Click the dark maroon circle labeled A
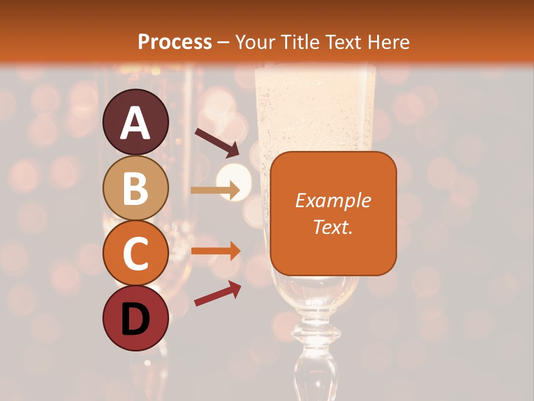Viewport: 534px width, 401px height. pyautogui.click(x=136, y=122)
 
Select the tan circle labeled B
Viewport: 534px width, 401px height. pyautogui.click(x=136, y=188)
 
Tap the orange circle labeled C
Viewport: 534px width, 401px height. pyautogui.click(x=136, y=253)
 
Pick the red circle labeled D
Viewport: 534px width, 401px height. pyautogui.click(x=136, y=318)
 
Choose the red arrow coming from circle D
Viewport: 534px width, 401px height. pyautogui.click(x=217, y=293)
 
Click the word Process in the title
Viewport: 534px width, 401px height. pyautogui.click(x=175, y=42)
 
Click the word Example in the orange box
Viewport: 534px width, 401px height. pyautogui.click(x=333, y=200)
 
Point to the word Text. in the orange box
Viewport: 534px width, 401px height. pyautogui.click(x=333, y=227)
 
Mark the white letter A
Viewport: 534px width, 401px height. pyautogui.click(x=136, y=123)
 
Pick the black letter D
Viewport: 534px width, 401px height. pyautogui.click(x=136, y=319)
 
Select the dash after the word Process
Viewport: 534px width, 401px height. pyautogui.click(x=224, y=42)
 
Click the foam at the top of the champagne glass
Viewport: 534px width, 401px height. pyautogui.click(x=315, y=95)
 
